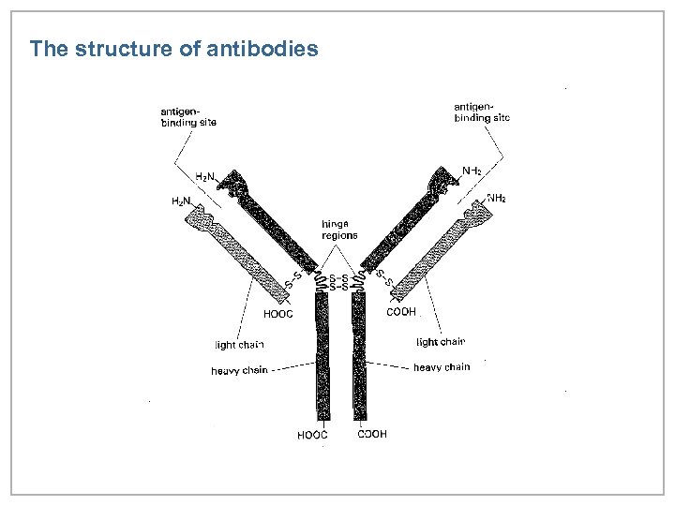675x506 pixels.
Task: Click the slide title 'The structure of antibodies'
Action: pos(174,49)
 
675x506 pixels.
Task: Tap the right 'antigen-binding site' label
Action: pos(481,112)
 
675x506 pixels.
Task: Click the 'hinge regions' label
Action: pos(338,230)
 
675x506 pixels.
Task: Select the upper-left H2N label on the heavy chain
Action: pos(204,176)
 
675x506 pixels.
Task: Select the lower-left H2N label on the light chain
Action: pos(180,201)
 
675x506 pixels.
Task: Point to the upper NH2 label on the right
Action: pos(472,171)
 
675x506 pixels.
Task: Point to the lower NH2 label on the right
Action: pos(496,198)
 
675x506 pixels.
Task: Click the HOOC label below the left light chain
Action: pos(277,314)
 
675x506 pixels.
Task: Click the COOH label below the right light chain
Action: pos(401,312)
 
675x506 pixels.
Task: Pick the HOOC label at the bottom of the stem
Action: pos(312,435)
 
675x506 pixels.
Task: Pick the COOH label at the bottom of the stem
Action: pos(372,434)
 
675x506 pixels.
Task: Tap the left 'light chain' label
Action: pos(239,344)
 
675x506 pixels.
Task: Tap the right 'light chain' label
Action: pos(441,342)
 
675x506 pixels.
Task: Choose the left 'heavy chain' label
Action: pos(239,371)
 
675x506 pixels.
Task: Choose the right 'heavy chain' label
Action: pos(442,367)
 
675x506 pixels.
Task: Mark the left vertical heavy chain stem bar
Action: pos(322,356)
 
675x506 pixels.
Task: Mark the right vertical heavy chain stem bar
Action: pos(359,356)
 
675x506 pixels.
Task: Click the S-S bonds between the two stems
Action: pos(340,283)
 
